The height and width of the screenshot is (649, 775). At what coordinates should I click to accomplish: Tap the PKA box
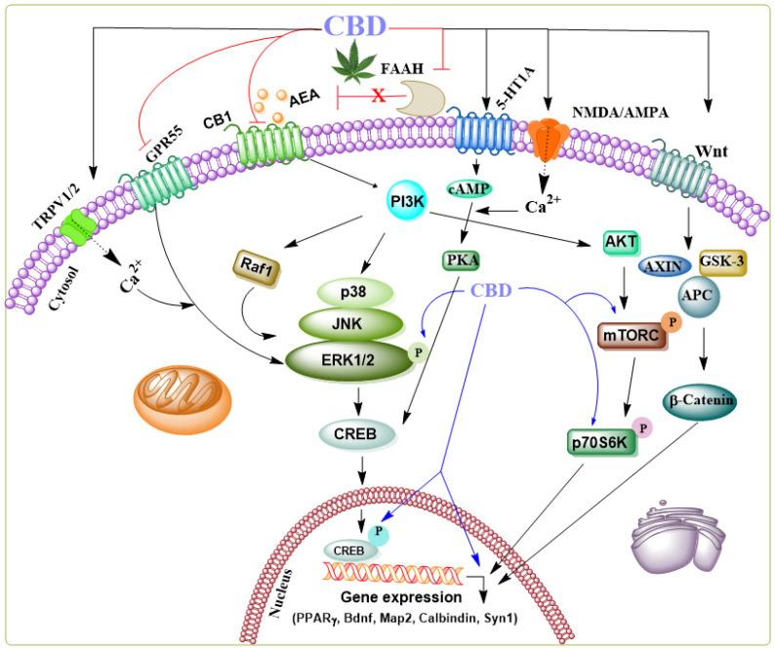point(453,262)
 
